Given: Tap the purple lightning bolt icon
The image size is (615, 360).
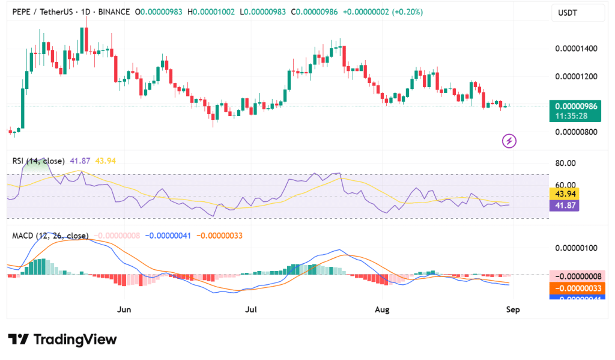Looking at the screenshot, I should point(509,141).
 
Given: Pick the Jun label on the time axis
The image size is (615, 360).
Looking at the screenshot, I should point(124,310).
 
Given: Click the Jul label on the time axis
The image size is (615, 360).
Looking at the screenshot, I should point(251,310).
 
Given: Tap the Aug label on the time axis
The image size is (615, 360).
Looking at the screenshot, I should point(382,310).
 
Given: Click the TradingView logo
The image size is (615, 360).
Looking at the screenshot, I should point(62,340).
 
